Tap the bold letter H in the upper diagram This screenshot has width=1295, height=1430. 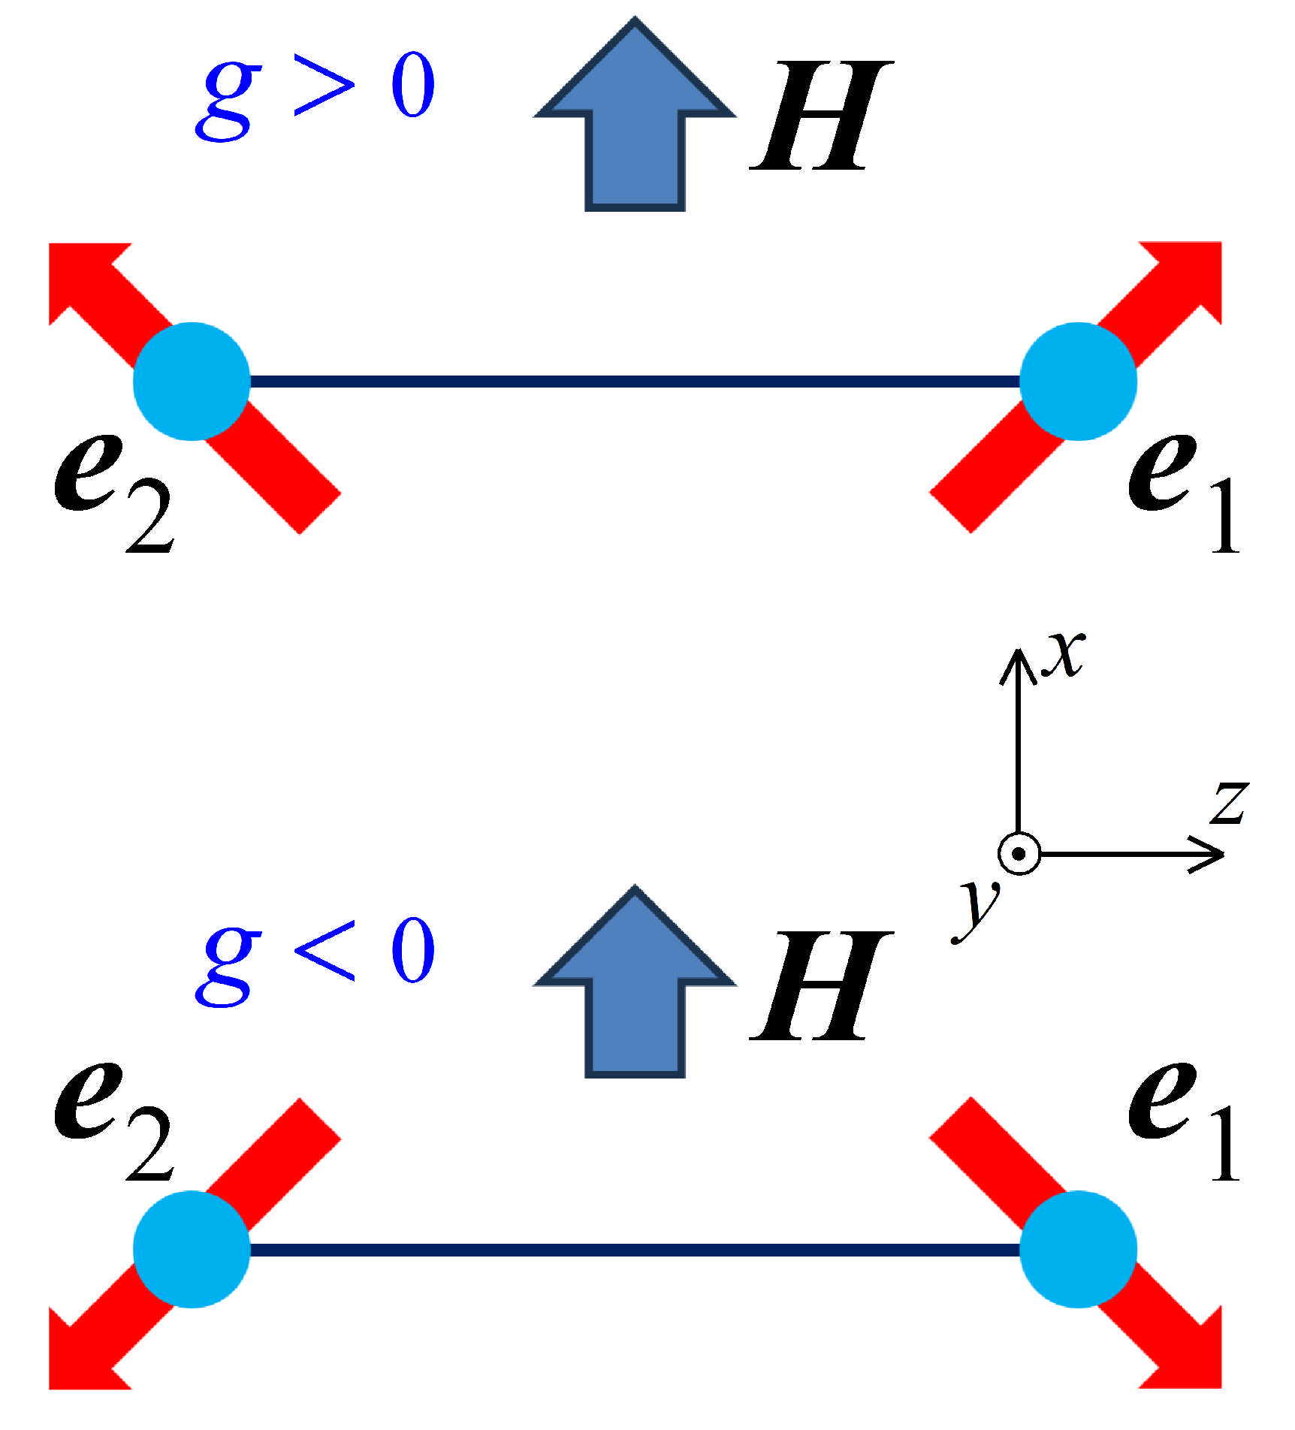820,116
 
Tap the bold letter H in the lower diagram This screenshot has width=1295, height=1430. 820,985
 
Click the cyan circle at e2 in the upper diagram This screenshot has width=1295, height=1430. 192,382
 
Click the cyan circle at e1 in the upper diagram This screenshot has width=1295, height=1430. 1078,382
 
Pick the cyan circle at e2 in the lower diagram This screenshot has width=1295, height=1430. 192,1250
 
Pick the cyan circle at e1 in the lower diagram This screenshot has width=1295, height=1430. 1078,1250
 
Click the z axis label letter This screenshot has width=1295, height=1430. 1229,804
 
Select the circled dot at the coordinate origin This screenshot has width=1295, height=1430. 1019,854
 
